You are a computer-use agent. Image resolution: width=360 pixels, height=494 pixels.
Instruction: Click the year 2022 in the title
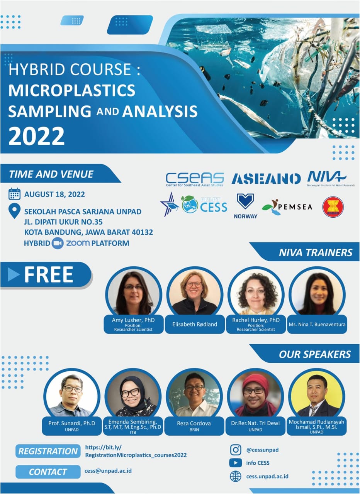click(36, 135)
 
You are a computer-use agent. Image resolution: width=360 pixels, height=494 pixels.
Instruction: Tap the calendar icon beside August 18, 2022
click(14, 194)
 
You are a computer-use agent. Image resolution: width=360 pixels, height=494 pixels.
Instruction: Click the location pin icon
click(14, 211)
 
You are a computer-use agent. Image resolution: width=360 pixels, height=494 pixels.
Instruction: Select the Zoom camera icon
click(58, 244)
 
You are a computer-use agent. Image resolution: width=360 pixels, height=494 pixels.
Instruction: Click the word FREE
click(48, 275)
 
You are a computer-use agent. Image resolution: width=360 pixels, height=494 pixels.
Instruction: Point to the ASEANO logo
click(266, 179)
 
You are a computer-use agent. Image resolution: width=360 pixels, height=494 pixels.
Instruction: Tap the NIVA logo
click(326, 178)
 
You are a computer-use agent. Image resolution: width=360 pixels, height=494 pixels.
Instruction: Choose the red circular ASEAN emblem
click(333, 206)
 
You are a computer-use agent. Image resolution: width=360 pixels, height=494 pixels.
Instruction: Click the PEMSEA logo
click(287, 207)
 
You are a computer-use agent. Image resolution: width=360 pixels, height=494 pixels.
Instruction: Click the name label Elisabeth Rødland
click(195, 325)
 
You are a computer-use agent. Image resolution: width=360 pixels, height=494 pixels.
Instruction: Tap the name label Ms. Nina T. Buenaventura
click(317, 325)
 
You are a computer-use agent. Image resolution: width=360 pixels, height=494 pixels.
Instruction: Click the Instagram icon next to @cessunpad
click(236, 450)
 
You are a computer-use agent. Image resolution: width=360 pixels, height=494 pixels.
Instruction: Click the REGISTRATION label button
click(48, 451)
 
